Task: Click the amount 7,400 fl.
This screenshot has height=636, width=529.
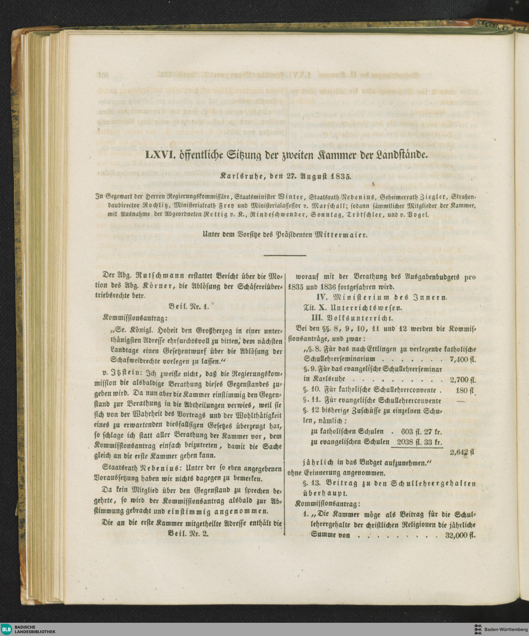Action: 463,359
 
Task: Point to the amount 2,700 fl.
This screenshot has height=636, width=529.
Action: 463,380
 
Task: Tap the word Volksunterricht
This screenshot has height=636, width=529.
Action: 363,318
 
